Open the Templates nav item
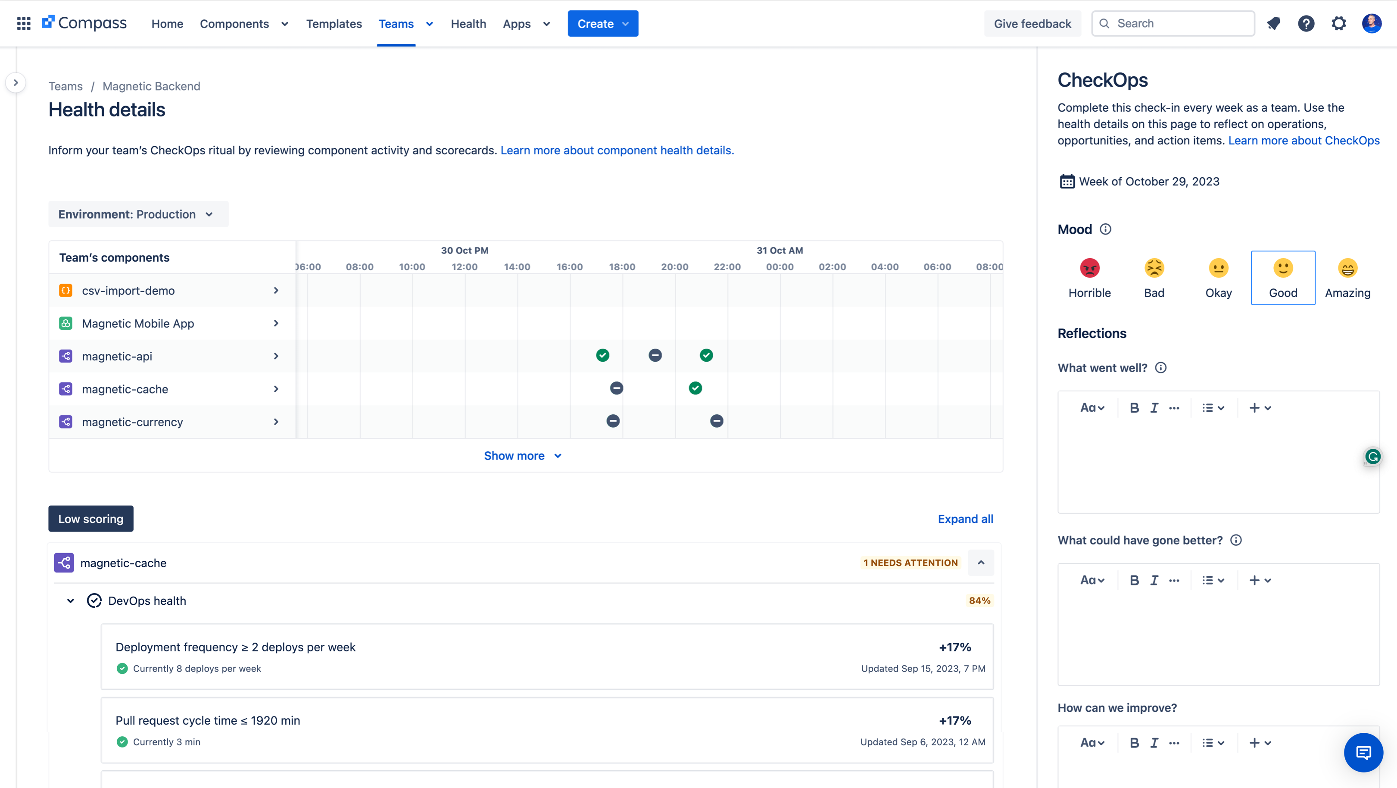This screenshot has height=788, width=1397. point(334,24)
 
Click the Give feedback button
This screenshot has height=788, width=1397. point(1032,23)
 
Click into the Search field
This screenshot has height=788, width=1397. point(1177,23)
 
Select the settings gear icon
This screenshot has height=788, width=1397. point(1338,23)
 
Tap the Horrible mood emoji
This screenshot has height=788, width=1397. point(1089,269)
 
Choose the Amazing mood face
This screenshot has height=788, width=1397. point(1347,269)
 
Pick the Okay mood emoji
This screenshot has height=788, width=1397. point(1218,269)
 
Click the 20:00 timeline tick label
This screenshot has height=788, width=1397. point(674,267)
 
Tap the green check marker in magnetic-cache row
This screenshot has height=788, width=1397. point(695,388)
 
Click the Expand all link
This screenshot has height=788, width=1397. point(965,519)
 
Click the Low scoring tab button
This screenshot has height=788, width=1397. point(90,519)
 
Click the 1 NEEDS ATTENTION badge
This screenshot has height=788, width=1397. point(910,563)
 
